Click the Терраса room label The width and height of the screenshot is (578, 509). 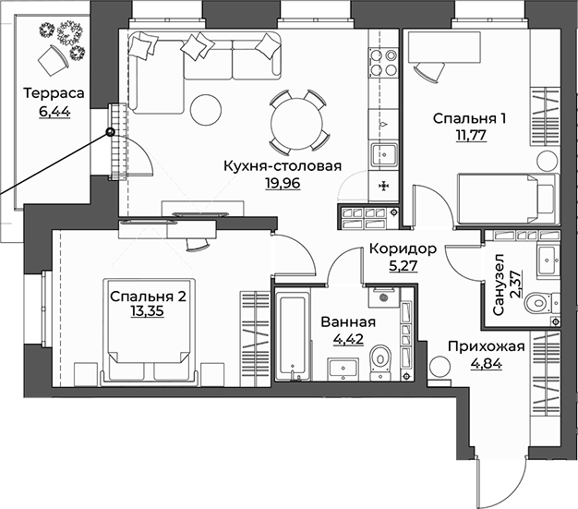point(54,93)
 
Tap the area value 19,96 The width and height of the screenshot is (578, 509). point(282,183)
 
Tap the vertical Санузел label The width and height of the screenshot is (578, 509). point(499,287)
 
